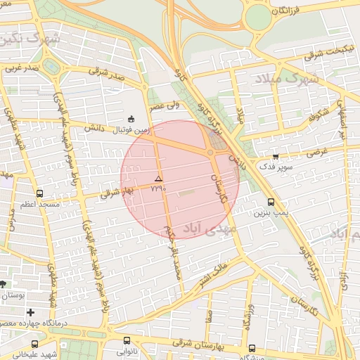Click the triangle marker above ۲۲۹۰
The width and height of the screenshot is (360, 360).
pyautogui.click(x=158, y=179)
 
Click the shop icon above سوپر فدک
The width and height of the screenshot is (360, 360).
pyautogui.click(x=275, y=157)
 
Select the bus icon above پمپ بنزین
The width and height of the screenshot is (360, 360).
pyautogui.click(x=271, y=202)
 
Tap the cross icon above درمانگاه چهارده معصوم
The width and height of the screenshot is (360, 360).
pyautogui.click(x=30, y=312)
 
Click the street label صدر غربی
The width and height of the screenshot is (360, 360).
pyautogui.click(x=19, y=69)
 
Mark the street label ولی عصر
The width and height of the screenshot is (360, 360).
pyautogui.click(x=163, y=105)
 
